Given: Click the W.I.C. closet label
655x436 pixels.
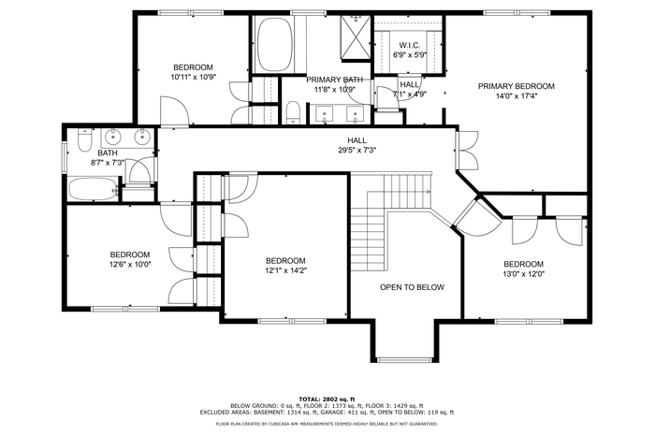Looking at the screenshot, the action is [410, 45].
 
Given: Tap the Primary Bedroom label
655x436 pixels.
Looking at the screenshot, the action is [517, 86].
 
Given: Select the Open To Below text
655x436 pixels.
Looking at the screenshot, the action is [412, 287].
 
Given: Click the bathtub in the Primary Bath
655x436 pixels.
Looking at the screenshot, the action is [273, 45].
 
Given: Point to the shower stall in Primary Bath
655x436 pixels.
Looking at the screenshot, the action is [356, 38].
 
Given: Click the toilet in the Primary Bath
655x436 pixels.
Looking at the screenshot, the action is [293, 113].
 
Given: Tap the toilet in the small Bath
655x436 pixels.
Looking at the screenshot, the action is [85, 140].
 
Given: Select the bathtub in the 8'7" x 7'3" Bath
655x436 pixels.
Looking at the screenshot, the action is [94, 189].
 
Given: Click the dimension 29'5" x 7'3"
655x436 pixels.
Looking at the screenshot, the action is [357, 151].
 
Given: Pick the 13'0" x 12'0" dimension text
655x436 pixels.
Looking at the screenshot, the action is [523, 274].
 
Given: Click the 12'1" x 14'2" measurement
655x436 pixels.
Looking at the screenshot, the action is [285, 270].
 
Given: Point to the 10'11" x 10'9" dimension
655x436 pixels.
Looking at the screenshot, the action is [193, 77].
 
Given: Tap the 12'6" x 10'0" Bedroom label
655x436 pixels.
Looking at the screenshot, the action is [130, 254].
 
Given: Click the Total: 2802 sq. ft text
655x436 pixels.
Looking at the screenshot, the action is [327, 400].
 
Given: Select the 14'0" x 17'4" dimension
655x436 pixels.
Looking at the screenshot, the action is [517, 96].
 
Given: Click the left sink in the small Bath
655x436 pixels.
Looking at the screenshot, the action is [112, 136].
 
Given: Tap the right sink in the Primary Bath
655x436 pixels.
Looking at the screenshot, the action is [356, 114].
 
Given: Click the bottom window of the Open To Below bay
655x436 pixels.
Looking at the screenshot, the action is [405, 359].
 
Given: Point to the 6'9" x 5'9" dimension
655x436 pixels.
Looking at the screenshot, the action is [410, 54].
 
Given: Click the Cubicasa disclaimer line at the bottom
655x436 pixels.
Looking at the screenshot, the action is [327, 424].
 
